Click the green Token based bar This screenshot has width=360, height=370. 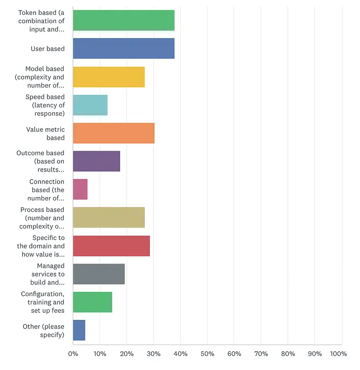point(123,20)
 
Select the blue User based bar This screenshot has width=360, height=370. point(123,49)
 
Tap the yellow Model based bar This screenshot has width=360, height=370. point(109,77)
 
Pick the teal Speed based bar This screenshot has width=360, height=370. point(90,105)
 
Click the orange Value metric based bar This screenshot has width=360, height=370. point(114,133)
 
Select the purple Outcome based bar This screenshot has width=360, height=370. point(96,161)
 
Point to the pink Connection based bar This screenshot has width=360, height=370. point(80,189)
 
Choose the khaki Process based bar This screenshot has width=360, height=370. point(109,217)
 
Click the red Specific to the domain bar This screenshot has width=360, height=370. point(111,246)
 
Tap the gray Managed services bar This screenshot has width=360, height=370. point(99,274)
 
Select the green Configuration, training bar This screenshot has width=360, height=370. point(93,302)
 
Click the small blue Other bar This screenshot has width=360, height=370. point(79,330)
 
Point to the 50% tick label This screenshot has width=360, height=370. point(207,354)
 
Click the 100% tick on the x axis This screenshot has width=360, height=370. point(338,354)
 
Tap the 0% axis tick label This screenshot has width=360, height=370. point(73,354)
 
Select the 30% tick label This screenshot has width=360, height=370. point(154,354)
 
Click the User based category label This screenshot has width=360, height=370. point(47,49)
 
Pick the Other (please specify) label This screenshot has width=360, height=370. point(43,330)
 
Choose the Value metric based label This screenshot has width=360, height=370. point(45,133)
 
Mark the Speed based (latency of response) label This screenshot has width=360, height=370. point(45,105)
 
